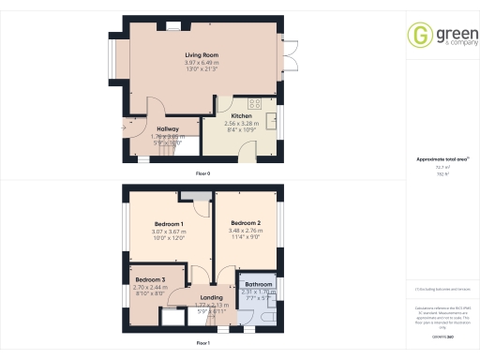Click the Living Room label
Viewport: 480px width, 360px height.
click(202, 56)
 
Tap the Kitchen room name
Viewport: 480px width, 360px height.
click(241, 116)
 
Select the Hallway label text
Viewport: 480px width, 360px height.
click(168, 128)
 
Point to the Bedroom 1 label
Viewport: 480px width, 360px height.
click(168, 224)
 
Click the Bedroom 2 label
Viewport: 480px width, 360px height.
click(247, 224)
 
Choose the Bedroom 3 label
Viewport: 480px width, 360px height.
click(150, 280)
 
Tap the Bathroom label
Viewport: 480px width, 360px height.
click(258, 284)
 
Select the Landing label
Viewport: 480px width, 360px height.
click(199, 298)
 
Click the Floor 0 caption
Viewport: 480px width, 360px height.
click(202, 174)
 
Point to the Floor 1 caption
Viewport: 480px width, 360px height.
click(202, 343)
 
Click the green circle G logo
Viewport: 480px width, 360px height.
click(419, 36)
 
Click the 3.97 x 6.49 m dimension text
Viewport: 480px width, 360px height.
click(202, 63)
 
